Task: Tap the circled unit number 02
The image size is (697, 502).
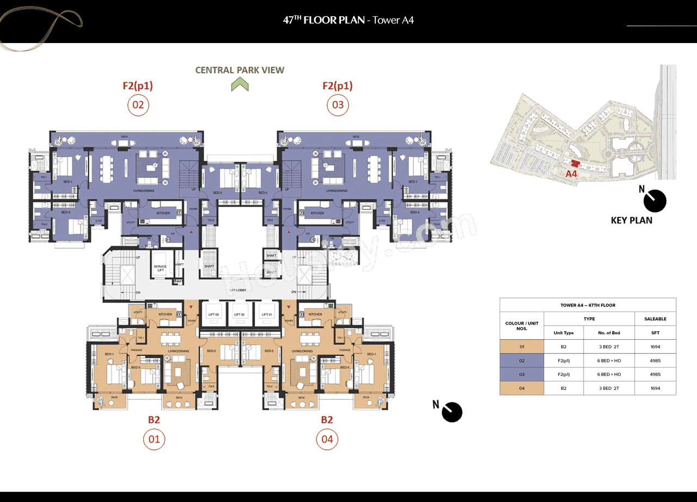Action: [x=138, y=105]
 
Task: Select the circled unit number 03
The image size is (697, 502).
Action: [x=338, y=105]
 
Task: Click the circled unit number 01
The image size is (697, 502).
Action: [x=154, y=439]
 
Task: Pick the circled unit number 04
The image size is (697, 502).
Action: [x=327, y=439]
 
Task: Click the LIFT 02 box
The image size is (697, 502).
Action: [x=240, y=314]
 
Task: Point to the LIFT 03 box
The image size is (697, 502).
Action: [x=213, y=314]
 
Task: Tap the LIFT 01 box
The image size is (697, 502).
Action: [x=266, y=314]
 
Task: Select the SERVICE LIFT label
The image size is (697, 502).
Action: [x=160, y=268]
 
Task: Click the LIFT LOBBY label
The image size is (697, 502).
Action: [x=237, y=290]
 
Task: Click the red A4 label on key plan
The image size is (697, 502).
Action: [x=571, y=174]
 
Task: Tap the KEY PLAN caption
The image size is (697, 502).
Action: [x=631, y=221]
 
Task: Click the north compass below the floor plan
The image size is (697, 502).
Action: [x=451, y=412]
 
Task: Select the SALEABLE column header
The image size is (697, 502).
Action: [x=655, y=319]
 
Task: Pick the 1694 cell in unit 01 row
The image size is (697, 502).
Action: [x=655, y=346]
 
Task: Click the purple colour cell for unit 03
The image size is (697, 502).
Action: [x=522, y=374]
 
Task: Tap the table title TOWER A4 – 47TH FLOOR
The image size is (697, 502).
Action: [x=588, y=305]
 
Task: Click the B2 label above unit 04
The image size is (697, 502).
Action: [x=326, y=420]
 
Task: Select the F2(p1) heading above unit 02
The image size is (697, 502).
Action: [x=138, y=85]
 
